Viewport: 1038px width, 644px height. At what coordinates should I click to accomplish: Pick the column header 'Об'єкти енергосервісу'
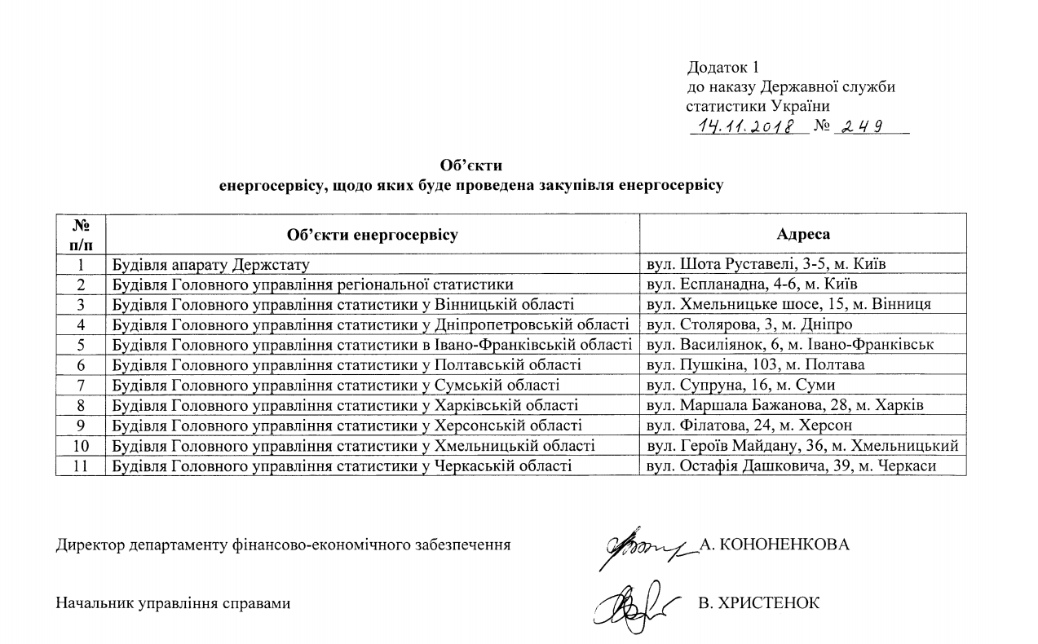pyautogui.click(x=373, y=234)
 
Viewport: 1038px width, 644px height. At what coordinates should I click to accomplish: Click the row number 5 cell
pyautogui.click(x=82, y=345)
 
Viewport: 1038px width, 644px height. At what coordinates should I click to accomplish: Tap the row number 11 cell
pyautogui.click(x=82, y=465)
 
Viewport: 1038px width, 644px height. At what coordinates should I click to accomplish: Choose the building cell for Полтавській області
pyautogui.click(x=347, y=365)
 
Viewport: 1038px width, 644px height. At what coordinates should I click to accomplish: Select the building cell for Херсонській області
pyautogui.click(x=347, y=426)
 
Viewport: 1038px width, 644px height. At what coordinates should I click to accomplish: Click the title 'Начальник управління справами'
pyautogui.click(x=173, y=604)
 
